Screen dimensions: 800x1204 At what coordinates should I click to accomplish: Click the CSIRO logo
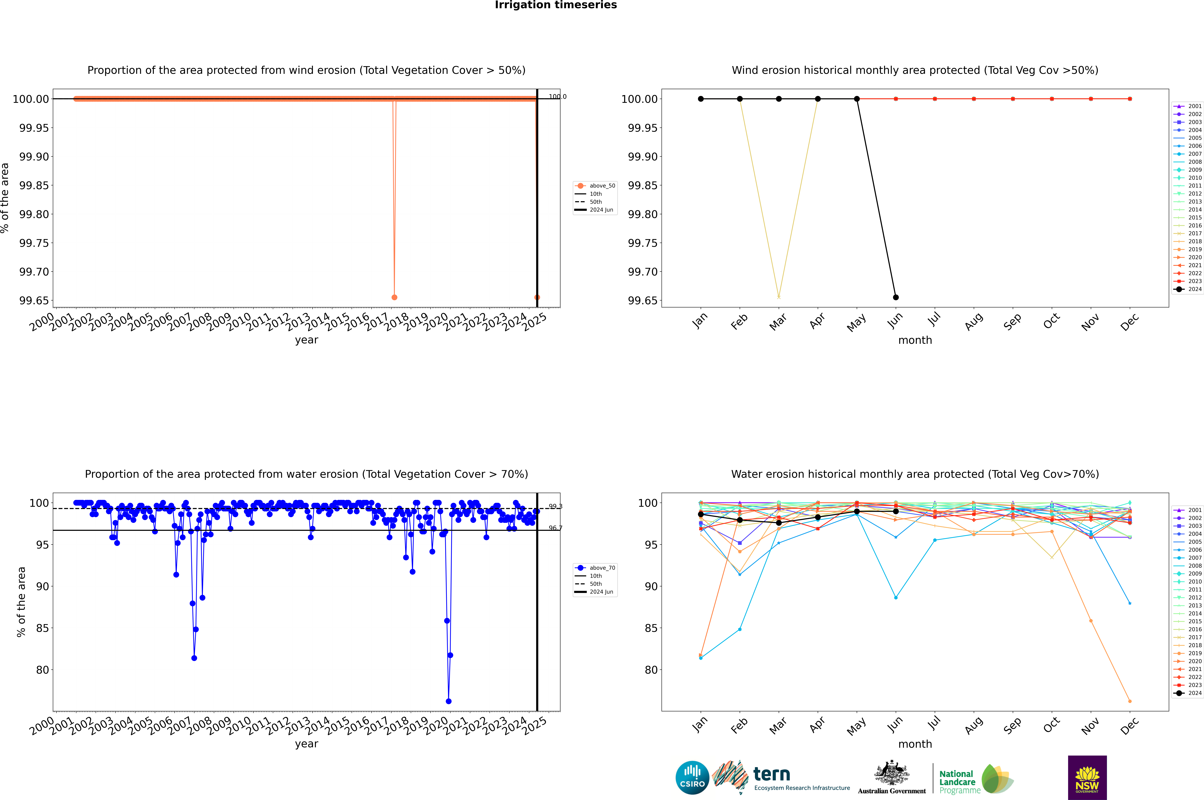(x=692, y=778)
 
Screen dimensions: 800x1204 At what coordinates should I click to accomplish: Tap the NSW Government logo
(x=1087, y=778)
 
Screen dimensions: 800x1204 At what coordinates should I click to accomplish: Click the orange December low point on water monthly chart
(x=1130, y=701)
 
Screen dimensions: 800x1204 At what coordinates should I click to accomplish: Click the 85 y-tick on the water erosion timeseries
(x=42, y=628)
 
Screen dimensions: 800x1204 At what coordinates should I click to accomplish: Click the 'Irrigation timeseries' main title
(x=556, y=5)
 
